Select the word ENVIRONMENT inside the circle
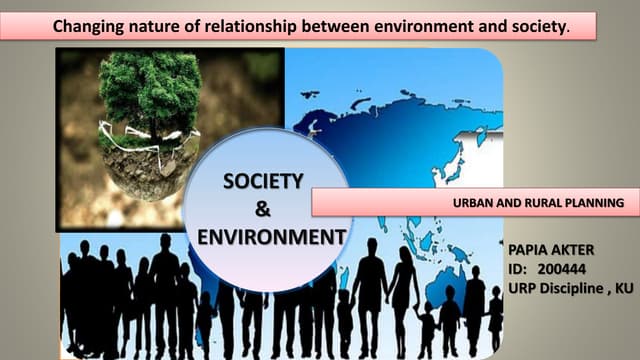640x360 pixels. (271, 238)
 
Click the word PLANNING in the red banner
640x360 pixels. (592, 204)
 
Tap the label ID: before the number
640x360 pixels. (518, 269)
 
